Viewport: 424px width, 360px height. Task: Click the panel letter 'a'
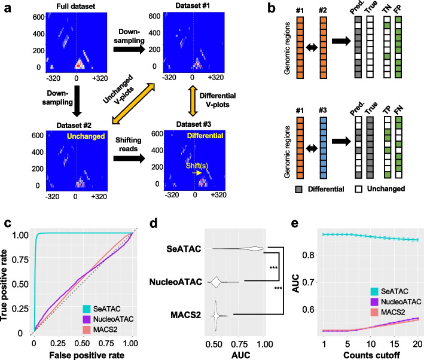(x=5, y=8)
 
